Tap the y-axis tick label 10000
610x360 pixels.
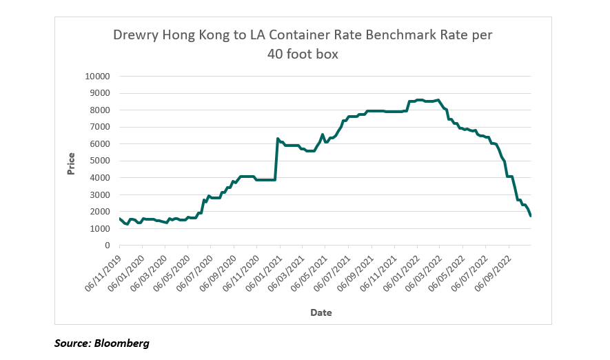[x=98, y=77]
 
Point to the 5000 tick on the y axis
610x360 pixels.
[x=101, y=161]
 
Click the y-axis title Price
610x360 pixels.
[x=71, y=163]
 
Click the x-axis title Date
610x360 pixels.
[x=321, y=312]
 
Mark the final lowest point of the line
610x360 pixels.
[x=530, y=216]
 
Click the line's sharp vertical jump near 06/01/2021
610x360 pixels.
[x=276, y=160]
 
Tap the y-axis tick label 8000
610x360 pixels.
[x=101, y=110]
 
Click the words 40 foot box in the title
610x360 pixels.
[x=303, y=54]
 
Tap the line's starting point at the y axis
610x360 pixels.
[x=120, y=219]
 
